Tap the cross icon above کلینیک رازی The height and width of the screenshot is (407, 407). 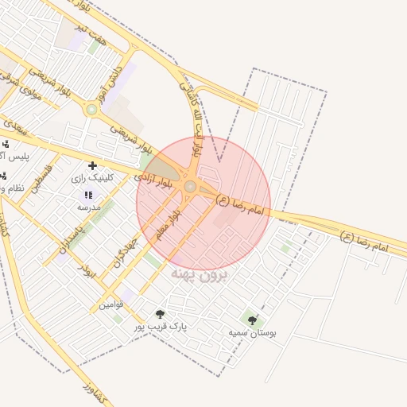click(92, 165)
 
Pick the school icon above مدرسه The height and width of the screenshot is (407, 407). click(88, 195)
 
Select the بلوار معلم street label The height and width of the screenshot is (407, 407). click(169, 215)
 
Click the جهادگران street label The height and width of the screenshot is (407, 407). click(126, 251)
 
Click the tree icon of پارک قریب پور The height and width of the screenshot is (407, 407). click(160, 314)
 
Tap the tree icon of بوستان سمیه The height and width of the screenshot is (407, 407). click(253, 320)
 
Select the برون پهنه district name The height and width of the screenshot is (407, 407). click(200, 276)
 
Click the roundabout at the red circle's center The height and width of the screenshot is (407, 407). click(190, 186)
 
